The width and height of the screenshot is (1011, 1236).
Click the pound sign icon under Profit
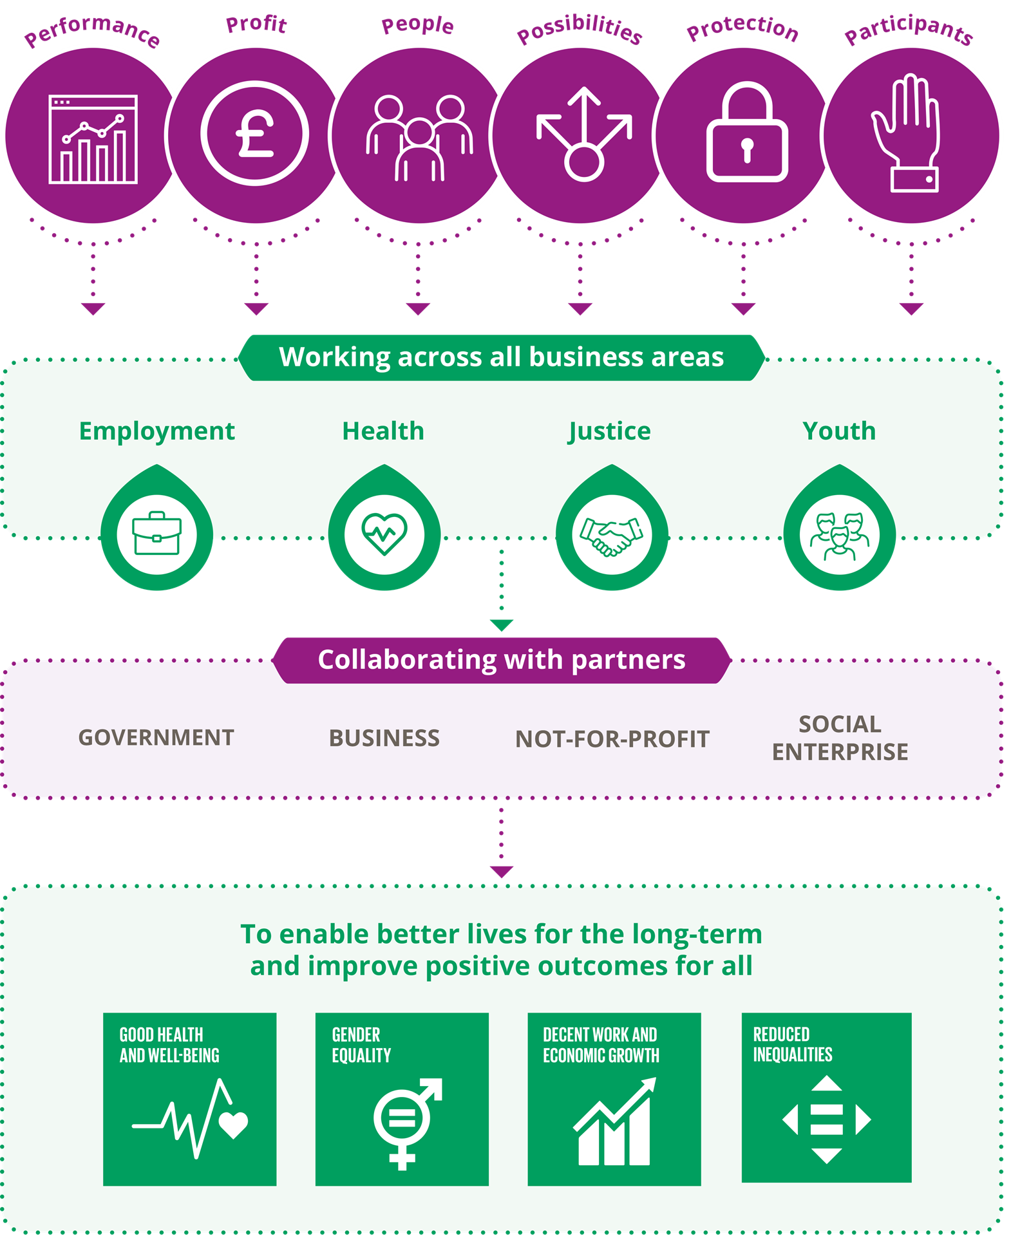[x=255, y=134]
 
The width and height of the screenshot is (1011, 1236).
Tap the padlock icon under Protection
[x=747, y=134]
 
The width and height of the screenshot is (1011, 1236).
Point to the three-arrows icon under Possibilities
[x=583, y=134]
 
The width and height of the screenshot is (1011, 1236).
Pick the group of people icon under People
[x=419, y=138]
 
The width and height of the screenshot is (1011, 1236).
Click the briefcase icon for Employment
[x=156, y=534]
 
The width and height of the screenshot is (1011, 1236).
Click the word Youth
[x=839, y=431]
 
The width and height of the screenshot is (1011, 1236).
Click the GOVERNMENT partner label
[x=156, y=738]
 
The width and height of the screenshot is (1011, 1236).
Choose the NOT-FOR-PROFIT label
[x=612, y=739]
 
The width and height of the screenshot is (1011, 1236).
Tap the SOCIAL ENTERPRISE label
[x=840, y=738]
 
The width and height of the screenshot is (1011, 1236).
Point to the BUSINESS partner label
[x=384, y=738]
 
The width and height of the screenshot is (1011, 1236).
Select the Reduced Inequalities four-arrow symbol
[x=826, y=1120]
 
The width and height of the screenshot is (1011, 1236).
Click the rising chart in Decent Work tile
[x=614, y=1123]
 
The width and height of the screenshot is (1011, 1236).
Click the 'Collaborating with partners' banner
[x=501, y=660]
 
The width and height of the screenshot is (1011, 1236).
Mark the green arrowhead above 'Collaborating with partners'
[x=501, y=625]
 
